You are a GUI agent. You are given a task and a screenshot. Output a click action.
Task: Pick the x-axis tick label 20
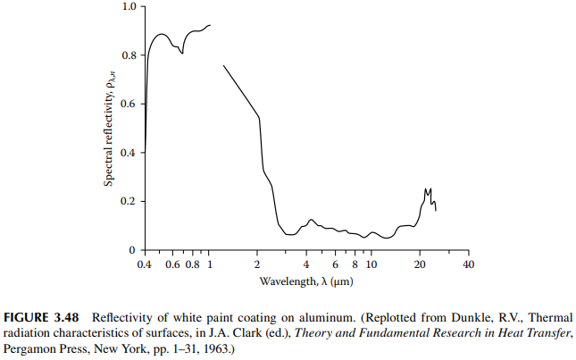pyautogui.click(x=420, y=265)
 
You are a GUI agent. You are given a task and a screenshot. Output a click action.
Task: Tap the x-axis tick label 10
pyautogui.click(x=371, y=265)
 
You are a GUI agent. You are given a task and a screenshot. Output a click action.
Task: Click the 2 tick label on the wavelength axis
pyautogui.click(x=257, y=265)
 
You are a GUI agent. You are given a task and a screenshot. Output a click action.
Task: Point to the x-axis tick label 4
pyautogui.click(x=306, y=265)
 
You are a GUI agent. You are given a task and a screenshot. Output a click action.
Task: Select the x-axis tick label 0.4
pyautogui.click(x=144, y=265)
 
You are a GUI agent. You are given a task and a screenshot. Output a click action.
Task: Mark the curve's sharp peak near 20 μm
pyautogui.click(x=427, y=189)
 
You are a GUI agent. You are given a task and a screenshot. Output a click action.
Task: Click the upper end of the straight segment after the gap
pyautogui.click(x=223, y=65)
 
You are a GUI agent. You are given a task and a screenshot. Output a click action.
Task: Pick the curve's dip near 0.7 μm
pyautogui.click(x=182, y=54)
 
